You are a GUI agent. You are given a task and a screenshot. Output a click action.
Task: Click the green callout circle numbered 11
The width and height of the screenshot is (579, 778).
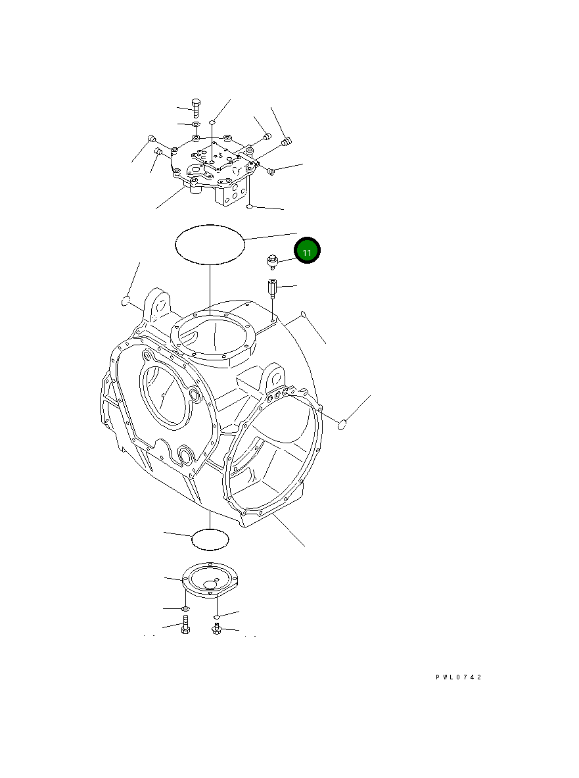tap(306, 251)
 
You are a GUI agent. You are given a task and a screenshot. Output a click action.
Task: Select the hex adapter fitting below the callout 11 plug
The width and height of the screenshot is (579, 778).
tap(273, 288)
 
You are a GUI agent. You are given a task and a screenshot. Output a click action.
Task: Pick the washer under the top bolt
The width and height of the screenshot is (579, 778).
tap(196, 124)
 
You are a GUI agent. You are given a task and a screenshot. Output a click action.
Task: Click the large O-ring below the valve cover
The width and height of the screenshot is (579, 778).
tap(210, 245)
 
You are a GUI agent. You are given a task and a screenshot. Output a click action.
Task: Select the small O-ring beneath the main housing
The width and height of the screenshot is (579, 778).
tap(210, 540)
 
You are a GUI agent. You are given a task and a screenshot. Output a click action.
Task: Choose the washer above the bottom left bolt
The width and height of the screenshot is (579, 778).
tap(186, 609)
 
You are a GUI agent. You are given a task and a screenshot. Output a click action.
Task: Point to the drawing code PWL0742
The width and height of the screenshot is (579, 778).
tap(458, 677)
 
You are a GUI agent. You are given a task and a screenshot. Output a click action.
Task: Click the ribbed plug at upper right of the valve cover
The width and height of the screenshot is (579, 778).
tap(286, 141)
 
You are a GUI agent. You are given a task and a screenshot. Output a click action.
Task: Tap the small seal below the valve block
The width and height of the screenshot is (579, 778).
tap(250, 207)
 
